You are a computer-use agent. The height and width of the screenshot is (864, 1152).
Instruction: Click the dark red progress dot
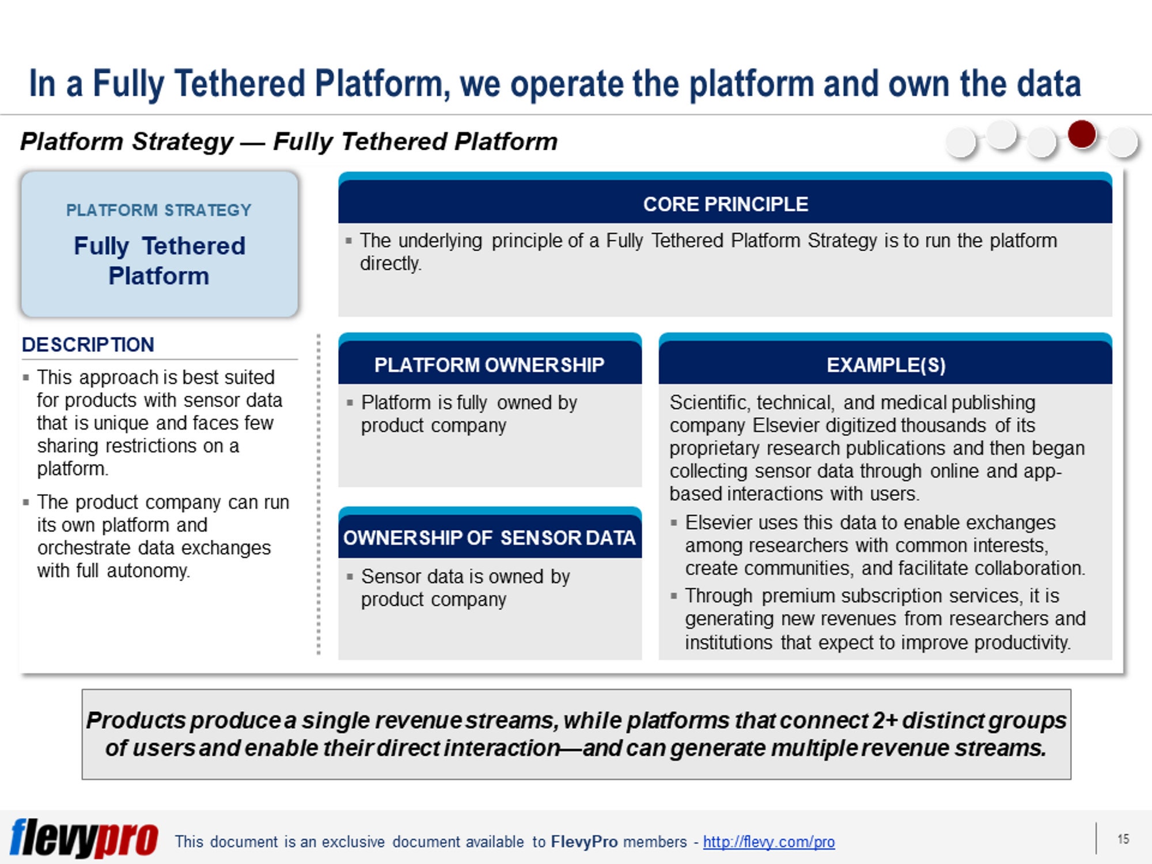click(1081, 134)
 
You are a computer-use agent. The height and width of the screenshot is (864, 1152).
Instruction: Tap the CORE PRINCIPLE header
click(725, 204)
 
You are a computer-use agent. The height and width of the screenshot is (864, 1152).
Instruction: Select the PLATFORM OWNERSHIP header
click(490, 365)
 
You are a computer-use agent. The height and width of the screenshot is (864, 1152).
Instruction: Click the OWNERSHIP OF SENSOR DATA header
click(490, 537)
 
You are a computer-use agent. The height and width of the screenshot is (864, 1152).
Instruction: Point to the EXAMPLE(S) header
click(886, 365)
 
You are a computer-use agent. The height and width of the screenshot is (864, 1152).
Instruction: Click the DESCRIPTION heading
click(88, 344)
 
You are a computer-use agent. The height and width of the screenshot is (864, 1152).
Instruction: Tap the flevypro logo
click(84, 839)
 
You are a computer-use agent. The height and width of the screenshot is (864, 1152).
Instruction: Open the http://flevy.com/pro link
click(768, 842)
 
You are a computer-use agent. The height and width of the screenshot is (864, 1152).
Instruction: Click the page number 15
click(1123, 839)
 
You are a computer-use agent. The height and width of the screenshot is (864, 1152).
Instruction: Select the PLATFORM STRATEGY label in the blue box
click(159, 210)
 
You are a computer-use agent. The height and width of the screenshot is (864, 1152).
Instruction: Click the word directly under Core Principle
click(391, 263)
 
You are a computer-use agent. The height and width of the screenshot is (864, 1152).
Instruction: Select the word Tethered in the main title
click(240, 84)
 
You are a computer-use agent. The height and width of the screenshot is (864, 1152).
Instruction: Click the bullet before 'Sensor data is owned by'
click(350, 576)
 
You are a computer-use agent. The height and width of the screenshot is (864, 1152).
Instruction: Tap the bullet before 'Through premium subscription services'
click(673, 596)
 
